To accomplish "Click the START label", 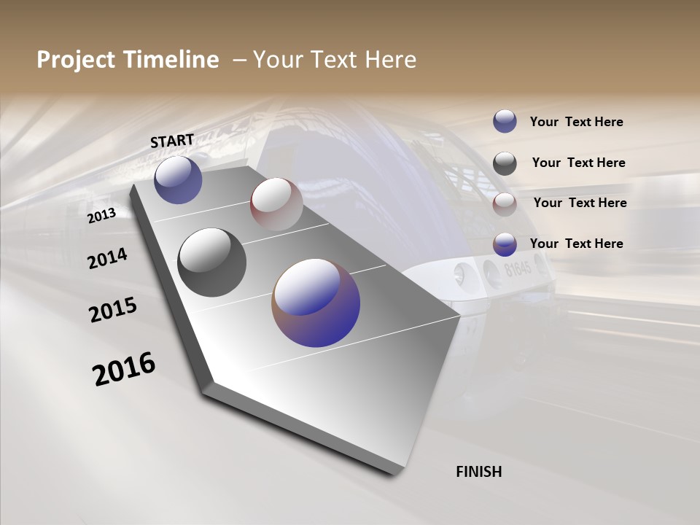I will pos(172,141).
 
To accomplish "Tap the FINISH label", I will pos(478,472).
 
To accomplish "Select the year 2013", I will pos(101,215).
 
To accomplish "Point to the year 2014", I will pos(107,259).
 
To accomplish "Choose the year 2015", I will pos(113,310).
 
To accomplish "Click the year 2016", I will pos(124,369).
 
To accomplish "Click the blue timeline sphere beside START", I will pos(178,179).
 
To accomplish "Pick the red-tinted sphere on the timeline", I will pos(276,204).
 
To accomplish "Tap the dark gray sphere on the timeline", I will pos(211,262).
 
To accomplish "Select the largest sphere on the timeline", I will pos(316,303).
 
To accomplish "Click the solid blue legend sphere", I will pos(505,122).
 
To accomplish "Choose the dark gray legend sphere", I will pos(505,163).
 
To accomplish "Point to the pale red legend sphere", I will pos(505,203).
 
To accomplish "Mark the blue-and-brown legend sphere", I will pos(505,244).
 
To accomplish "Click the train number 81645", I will pos(518,269).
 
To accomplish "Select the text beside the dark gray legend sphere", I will pos(578,163).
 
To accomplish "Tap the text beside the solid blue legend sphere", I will pos(576,122).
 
